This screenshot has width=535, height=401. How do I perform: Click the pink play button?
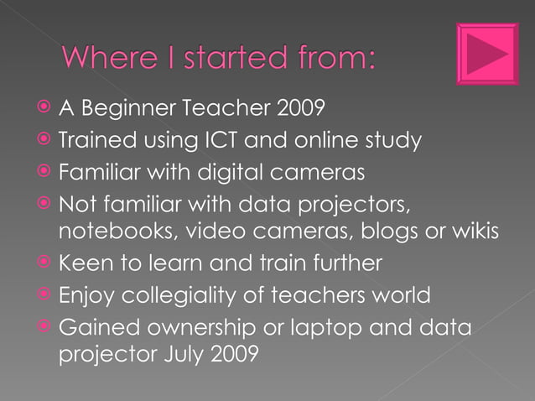point(487,54)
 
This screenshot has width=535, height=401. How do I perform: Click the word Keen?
point(84,263)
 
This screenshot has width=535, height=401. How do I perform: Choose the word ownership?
point(199,328)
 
